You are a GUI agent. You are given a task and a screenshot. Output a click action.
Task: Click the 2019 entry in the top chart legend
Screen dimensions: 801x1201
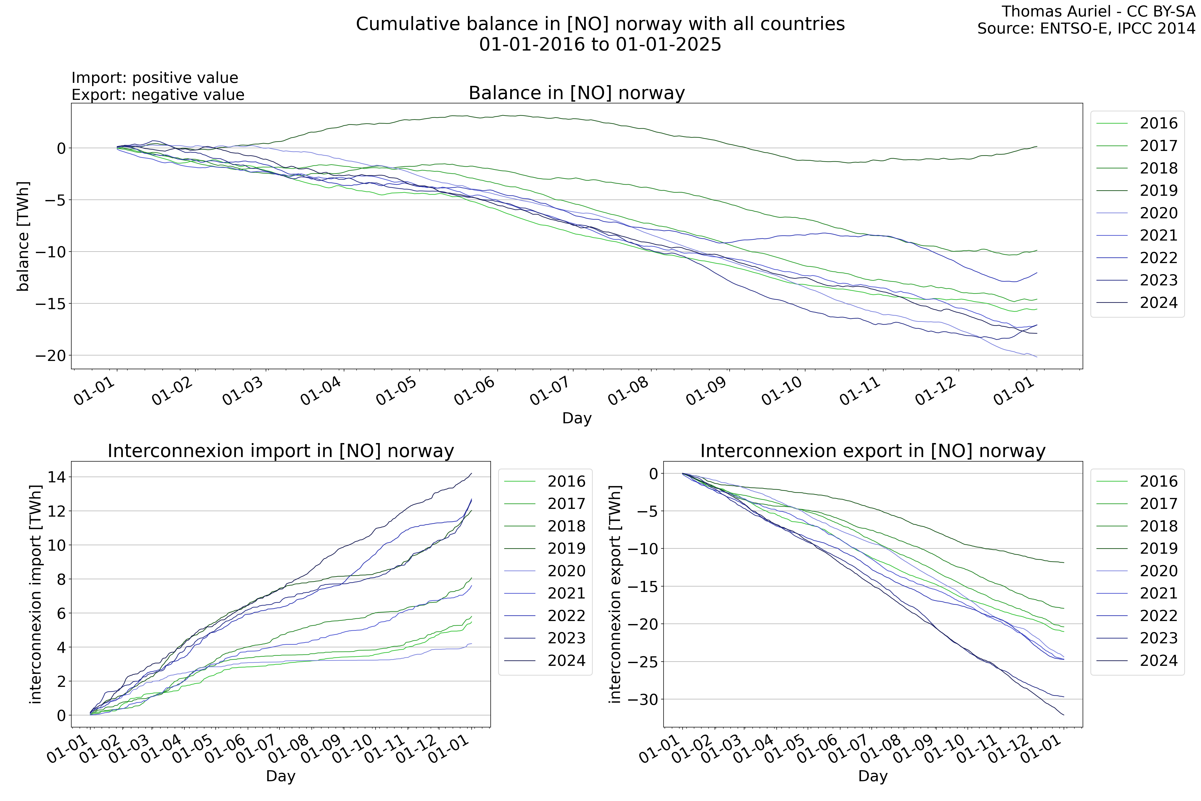pos(1158,190)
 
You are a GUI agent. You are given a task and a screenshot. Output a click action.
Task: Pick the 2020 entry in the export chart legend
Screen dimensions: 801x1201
pos(1158,571)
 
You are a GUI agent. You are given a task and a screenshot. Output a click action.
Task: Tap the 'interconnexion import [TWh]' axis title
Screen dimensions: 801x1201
pos(35,594)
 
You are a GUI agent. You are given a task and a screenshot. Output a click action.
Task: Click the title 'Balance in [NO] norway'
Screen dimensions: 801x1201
pos(576,93)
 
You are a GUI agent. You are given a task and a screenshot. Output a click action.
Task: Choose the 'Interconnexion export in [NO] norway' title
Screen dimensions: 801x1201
pos(873,451)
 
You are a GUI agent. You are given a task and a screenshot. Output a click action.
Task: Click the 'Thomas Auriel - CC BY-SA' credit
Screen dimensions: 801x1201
pos(1098,11)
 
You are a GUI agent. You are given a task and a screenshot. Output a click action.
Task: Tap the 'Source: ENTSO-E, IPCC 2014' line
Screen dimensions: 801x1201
pos(1086,29)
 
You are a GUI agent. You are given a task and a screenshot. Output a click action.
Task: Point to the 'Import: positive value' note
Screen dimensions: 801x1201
pos(155,78)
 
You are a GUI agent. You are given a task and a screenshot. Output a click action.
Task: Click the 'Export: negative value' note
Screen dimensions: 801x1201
pos(158,95)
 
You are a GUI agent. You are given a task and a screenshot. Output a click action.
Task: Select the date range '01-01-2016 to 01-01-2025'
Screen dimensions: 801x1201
pos(600,45)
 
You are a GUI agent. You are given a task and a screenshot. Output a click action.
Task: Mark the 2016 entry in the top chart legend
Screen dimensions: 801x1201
pos(1158,123)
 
